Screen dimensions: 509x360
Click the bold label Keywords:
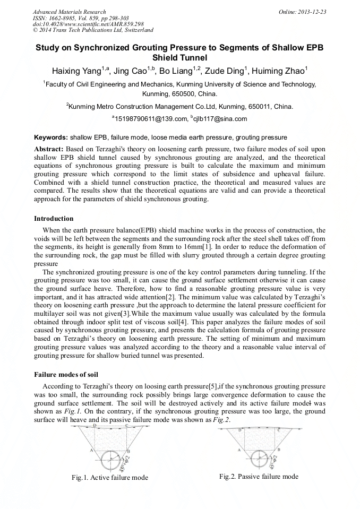point(51,137)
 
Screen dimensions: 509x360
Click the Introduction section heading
point(54,219)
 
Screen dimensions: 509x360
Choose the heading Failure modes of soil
point(66,375)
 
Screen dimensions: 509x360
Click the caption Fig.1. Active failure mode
point(110,478)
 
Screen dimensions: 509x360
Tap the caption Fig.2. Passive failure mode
point(259,477)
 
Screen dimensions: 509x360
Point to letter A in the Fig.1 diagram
point(91,450)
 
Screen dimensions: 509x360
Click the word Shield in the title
point(179,58)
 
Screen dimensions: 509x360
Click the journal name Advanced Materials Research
point(69,12)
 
